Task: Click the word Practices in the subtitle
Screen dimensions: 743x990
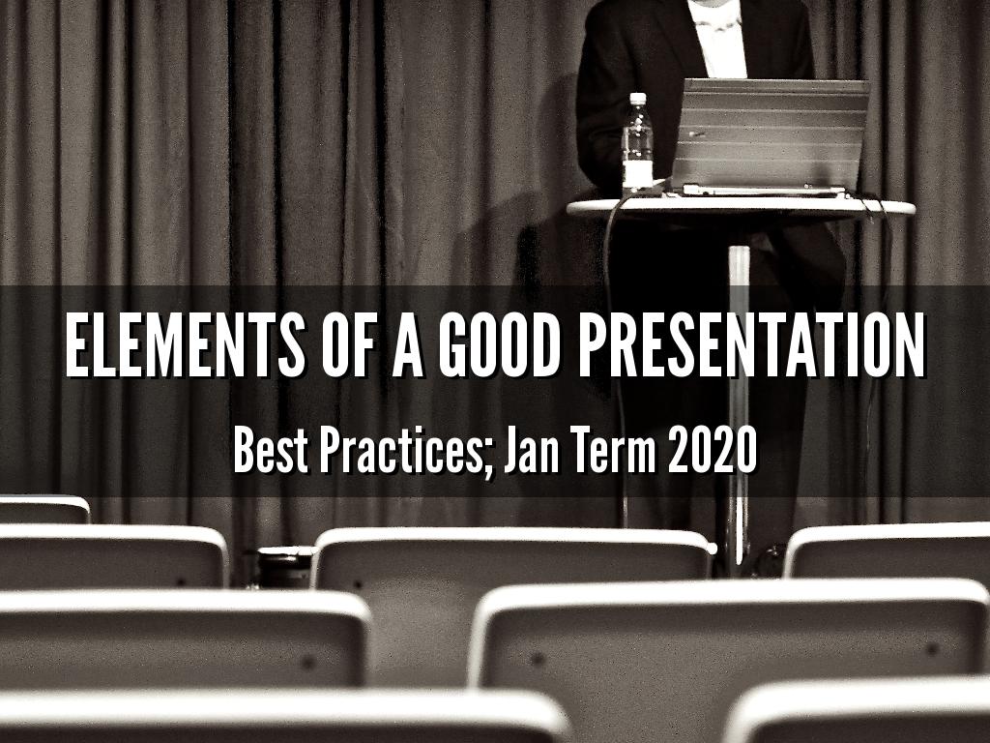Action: (406, 451)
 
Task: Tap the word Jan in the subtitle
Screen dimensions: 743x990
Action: (532, 451)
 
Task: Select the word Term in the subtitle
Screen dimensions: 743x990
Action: (615, 451)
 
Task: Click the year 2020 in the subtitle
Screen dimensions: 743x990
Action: (712, 451)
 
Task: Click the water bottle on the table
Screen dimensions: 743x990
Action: (636, 145)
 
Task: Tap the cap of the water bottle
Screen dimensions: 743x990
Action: (637, 99)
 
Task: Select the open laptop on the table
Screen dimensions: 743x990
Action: (769, 135)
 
